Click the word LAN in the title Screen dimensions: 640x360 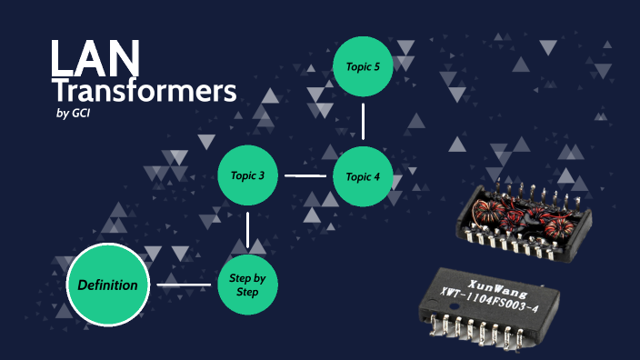(x=95, y=58)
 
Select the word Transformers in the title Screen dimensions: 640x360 (x=144, y=91)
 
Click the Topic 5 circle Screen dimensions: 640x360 (x=364, y=65)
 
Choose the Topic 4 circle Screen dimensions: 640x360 (x=364, y=175)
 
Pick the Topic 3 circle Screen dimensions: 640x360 (x=247, y=175)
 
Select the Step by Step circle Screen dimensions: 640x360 (x=247, y=285)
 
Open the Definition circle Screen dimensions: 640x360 (x=107, y=285)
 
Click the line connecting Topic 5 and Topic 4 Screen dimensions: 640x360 (x=364, y=121)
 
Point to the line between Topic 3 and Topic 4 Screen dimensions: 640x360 (x=305, y=175)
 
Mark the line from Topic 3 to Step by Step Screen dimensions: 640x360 (x=247, y=230)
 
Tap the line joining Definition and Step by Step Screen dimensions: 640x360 (x=184, y=285)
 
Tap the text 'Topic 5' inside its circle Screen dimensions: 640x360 (x=364, y=65)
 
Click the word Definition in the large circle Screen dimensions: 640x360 (x=107, y=285)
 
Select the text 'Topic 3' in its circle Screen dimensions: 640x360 (x=247, y=175)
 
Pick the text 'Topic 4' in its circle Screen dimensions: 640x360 (x=364, y=175)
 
